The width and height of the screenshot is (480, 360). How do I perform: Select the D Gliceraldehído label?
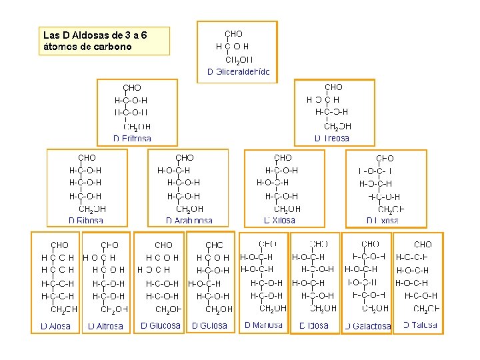[239, 71]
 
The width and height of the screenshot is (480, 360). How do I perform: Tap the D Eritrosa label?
[132, 139]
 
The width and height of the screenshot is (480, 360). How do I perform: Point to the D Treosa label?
[331, 138]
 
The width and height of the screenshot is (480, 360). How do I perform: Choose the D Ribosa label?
[86, 220]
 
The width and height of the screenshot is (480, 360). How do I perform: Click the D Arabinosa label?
[189, 220]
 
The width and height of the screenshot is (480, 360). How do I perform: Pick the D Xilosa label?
[280, 220]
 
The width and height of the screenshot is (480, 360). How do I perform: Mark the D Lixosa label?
[383, 220]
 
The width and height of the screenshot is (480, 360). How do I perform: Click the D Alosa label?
[55, 327]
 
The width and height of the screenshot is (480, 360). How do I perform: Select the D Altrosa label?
[105, 327]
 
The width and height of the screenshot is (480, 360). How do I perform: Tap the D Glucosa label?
[161, 326]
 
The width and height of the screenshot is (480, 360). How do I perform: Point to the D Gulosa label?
[210, 326]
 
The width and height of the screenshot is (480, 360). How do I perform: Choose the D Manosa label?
[263, 325]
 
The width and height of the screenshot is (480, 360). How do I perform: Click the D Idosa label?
[314, 326]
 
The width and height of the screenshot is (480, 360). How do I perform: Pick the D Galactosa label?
[368, 327]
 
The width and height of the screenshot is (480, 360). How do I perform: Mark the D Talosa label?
[421, 325]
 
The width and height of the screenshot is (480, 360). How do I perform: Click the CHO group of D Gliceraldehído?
[234, 33]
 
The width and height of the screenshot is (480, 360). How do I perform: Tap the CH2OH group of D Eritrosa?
[137, 126]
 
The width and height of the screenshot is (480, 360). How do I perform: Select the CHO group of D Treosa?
[333, 87]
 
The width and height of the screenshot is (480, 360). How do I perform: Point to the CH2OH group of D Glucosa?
[168, 309]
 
